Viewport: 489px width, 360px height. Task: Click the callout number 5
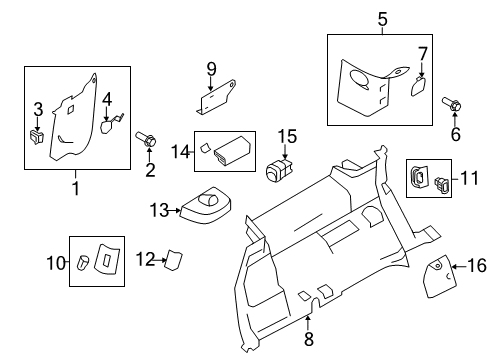(x=383, y=19)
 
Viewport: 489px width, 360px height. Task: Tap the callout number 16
(x=477, y=266)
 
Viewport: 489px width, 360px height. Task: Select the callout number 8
(x=309, y=339)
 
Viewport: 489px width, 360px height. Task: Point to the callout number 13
(x=159, y=210)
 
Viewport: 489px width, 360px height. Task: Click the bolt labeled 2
(x=146, y=139)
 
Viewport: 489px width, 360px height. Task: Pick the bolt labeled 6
(x=452, y=104)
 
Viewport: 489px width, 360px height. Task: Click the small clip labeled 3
(x=36, y=137)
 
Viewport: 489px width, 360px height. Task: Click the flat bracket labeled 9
(x=215, y=98)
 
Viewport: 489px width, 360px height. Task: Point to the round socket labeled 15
(x=279, y=170)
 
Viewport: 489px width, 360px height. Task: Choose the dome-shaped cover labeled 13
(x=206, y=205)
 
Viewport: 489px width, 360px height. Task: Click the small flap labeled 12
(x=174, y=260)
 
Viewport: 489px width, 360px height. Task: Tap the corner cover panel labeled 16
(x=439, y=276)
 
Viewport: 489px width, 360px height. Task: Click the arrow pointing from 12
(x=161, y=260)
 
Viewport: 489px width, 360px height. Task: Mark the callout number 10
(x=56, y=263)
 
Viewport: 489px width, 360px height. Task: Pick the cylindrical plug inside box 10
(x=83, y=263)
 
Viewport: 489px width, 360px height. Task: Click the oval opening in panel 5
(x=360, y=80)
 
